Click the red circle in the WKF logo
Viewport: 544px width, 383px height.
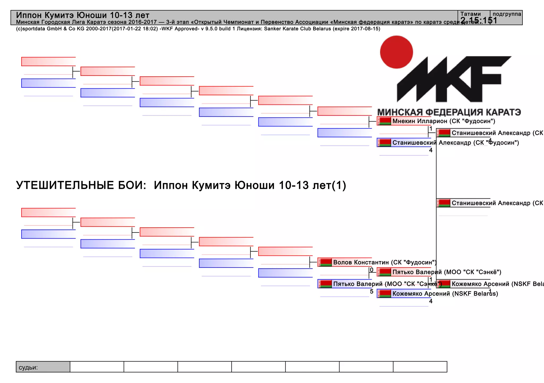click(x=396, y=52)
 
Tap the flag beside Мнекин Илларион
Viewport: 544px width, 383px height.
click(x=385, y=121)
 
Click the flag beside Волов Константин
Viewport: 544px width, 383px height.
click(x=325, y=263)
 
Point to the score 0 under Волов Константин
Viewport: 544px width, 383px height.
click(x=372, y=270)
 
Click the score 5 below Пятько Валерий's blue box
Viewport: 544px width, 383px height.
click(x=372, y=292)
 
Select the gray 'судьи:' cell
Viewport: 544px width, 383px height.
click(x=43, y=367)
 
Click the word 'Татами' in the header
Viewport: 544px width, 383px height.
click(x=470, y=14)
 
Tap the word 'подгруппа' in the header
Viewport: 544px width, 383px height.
click(x=507, y=14)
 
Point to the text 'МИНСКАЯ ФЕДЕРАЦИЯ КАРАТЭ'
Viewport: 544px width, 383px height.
click(x=449, y=112)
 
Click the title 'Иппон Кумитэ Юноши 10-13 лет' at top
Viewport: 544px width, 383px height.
click(x=83, y=15)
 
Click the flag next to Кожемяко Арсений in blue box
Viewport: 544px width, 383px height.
click(x=385, y=294)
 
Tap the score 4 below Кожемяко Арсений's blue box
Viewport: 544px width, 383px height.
click(x=431, y=301)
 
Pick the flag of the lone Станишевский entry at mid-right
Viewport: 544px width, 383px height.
click(x=444, y=203)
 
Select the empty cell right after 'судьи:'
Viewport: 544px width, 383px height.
click(x=97, y=367)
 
